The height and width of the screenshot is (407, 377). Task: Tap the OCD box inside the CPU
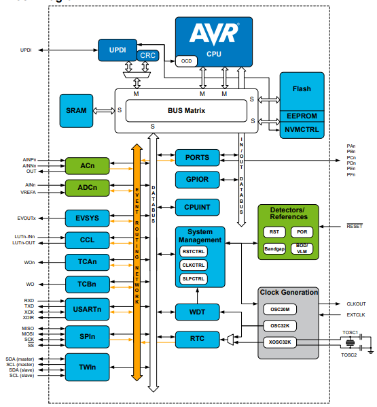185,61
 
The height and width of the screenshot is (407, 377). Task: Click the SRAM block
77,110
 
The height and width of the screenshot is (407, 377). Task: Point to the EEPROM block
302,116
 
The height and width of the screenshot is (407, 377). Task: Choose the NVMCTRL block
302,128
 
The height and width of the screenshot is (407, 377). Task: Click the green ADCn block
87,187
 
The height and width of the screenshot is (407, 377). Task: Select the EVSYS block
87,218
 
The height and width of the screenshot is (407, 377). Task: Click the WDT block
198,312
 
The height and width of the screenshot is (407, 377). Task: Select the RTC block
198,338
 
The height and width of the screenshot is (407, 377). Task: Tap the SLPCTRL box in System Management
194,278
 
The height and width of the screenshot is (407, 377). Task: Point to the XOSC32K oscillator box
281,342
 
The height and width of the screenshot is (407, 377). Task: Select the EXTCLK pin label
356,314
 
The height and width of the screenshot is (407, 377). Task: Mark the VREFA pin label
28,193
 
